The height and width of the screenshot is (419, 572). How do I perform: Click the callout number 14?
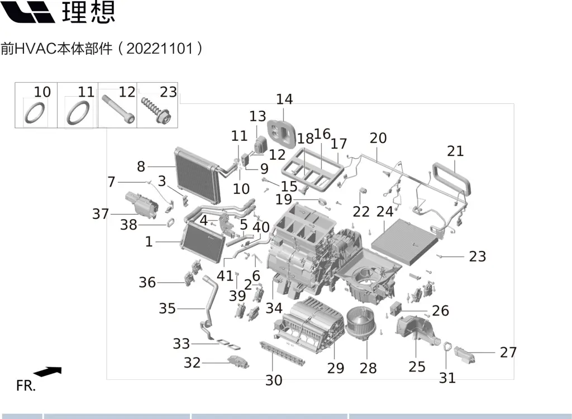pos(284,99)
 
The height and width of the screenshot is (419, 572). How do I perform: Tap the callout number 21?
pos(455,151)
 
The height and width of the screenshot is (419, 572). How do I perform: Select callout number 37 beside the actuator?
pos(101,214)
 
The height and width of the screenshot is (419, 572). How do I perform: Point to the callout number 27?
pos(508,353)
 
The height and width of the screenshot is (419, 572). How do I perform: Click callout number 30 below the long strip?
pos(274,380)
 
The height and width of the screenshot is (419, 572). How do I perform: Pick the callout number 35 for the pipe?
pos(167,308)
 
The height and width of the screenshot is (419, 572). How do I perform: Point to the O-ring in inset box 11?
pos(78,113)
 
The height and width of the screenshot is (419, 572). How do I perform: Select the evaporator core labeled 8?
pos(197,177)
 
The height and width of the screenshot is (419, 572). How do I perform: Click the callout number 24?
pos(384,212)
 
